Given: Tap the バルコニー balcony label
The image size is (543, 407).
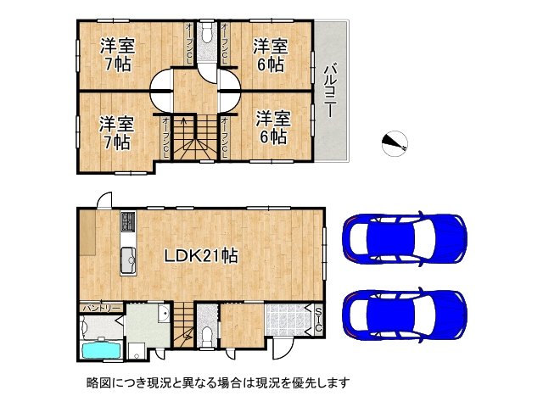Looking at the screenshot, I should (332, 89).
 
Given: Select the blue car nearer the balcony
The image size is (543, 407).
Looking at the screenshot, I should (403, 237).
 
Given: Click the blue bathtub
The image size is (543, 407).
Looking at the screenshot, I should (100, 351).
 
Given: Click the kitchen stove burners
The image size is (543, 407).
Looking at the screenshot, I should (126, 223).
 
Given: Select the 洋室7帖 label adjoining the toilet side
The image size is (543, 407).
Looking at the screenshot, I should (116, 53).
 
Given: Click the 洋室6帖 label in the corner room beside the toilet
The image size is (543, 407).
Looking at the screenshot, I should (271, 53).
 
